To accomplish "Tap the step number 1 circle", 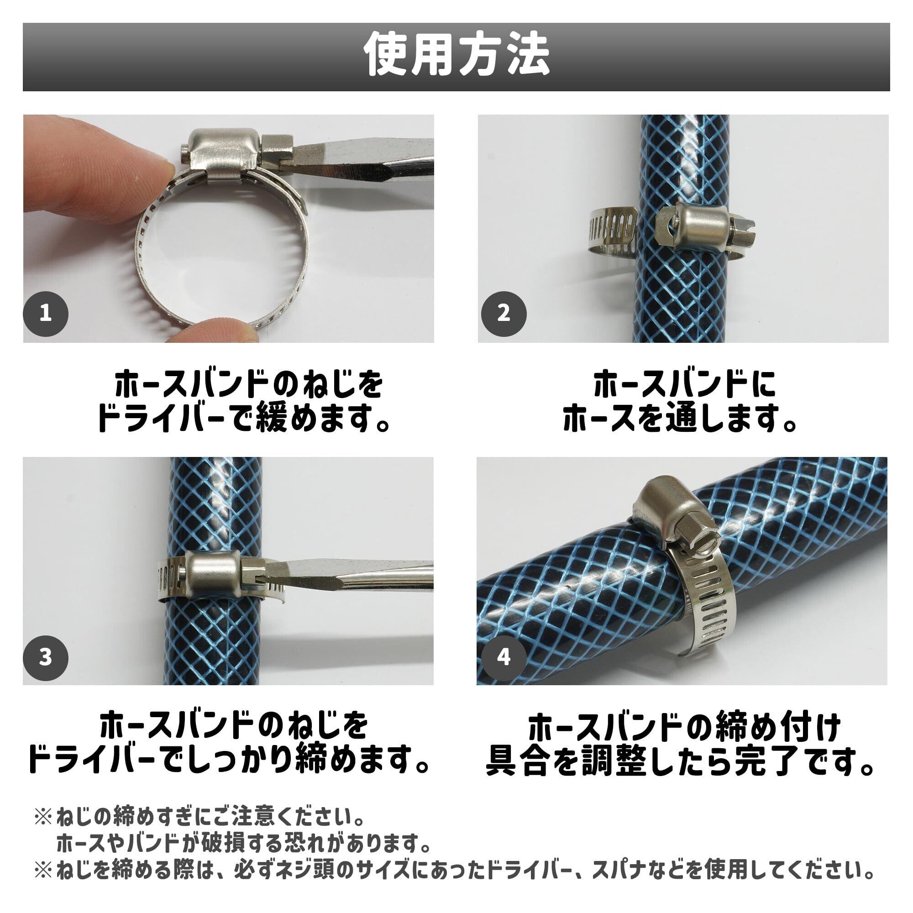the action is pyautogui.click(x=46, y=313).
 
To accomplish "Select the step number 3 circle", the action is pyautogui.click(x=46, y=657).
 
